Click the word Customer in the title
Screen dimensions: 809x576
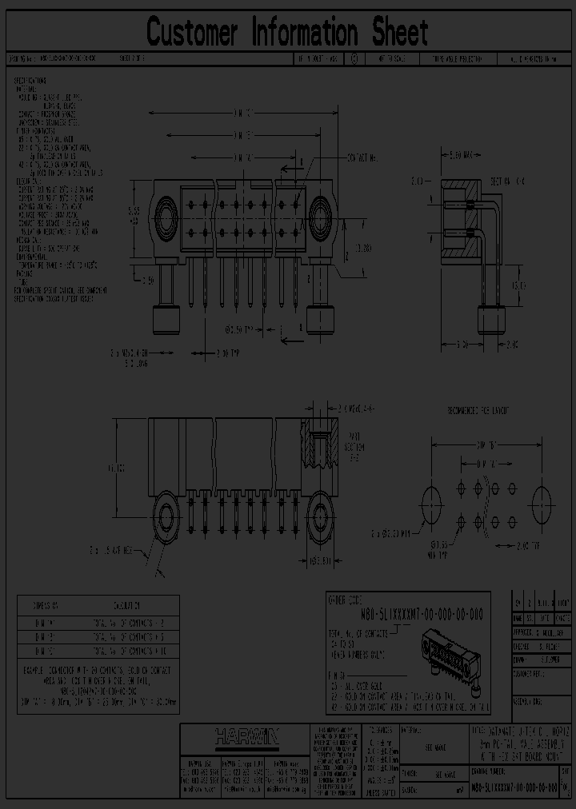click(x=192, y=33)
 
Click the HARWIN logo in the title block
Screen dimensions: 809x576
click(x=245, y=736)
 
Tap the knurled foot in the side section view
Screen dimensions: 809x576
click(x=490, y=321)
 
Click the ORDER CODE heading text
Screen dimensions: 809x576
click(x=351, y=598)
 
